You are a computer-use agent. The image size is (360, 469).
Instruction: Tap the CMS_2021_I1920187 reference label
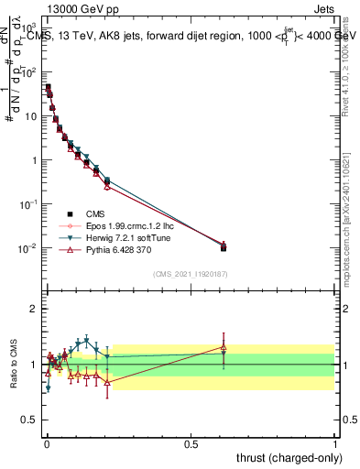(x=189, y=274)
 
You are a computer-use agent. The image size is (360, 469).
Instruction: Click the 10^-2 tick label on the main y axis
(x=27, y=248)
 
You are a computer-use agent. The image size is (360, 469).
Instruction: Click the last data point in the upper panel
(x=224, y=246)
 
